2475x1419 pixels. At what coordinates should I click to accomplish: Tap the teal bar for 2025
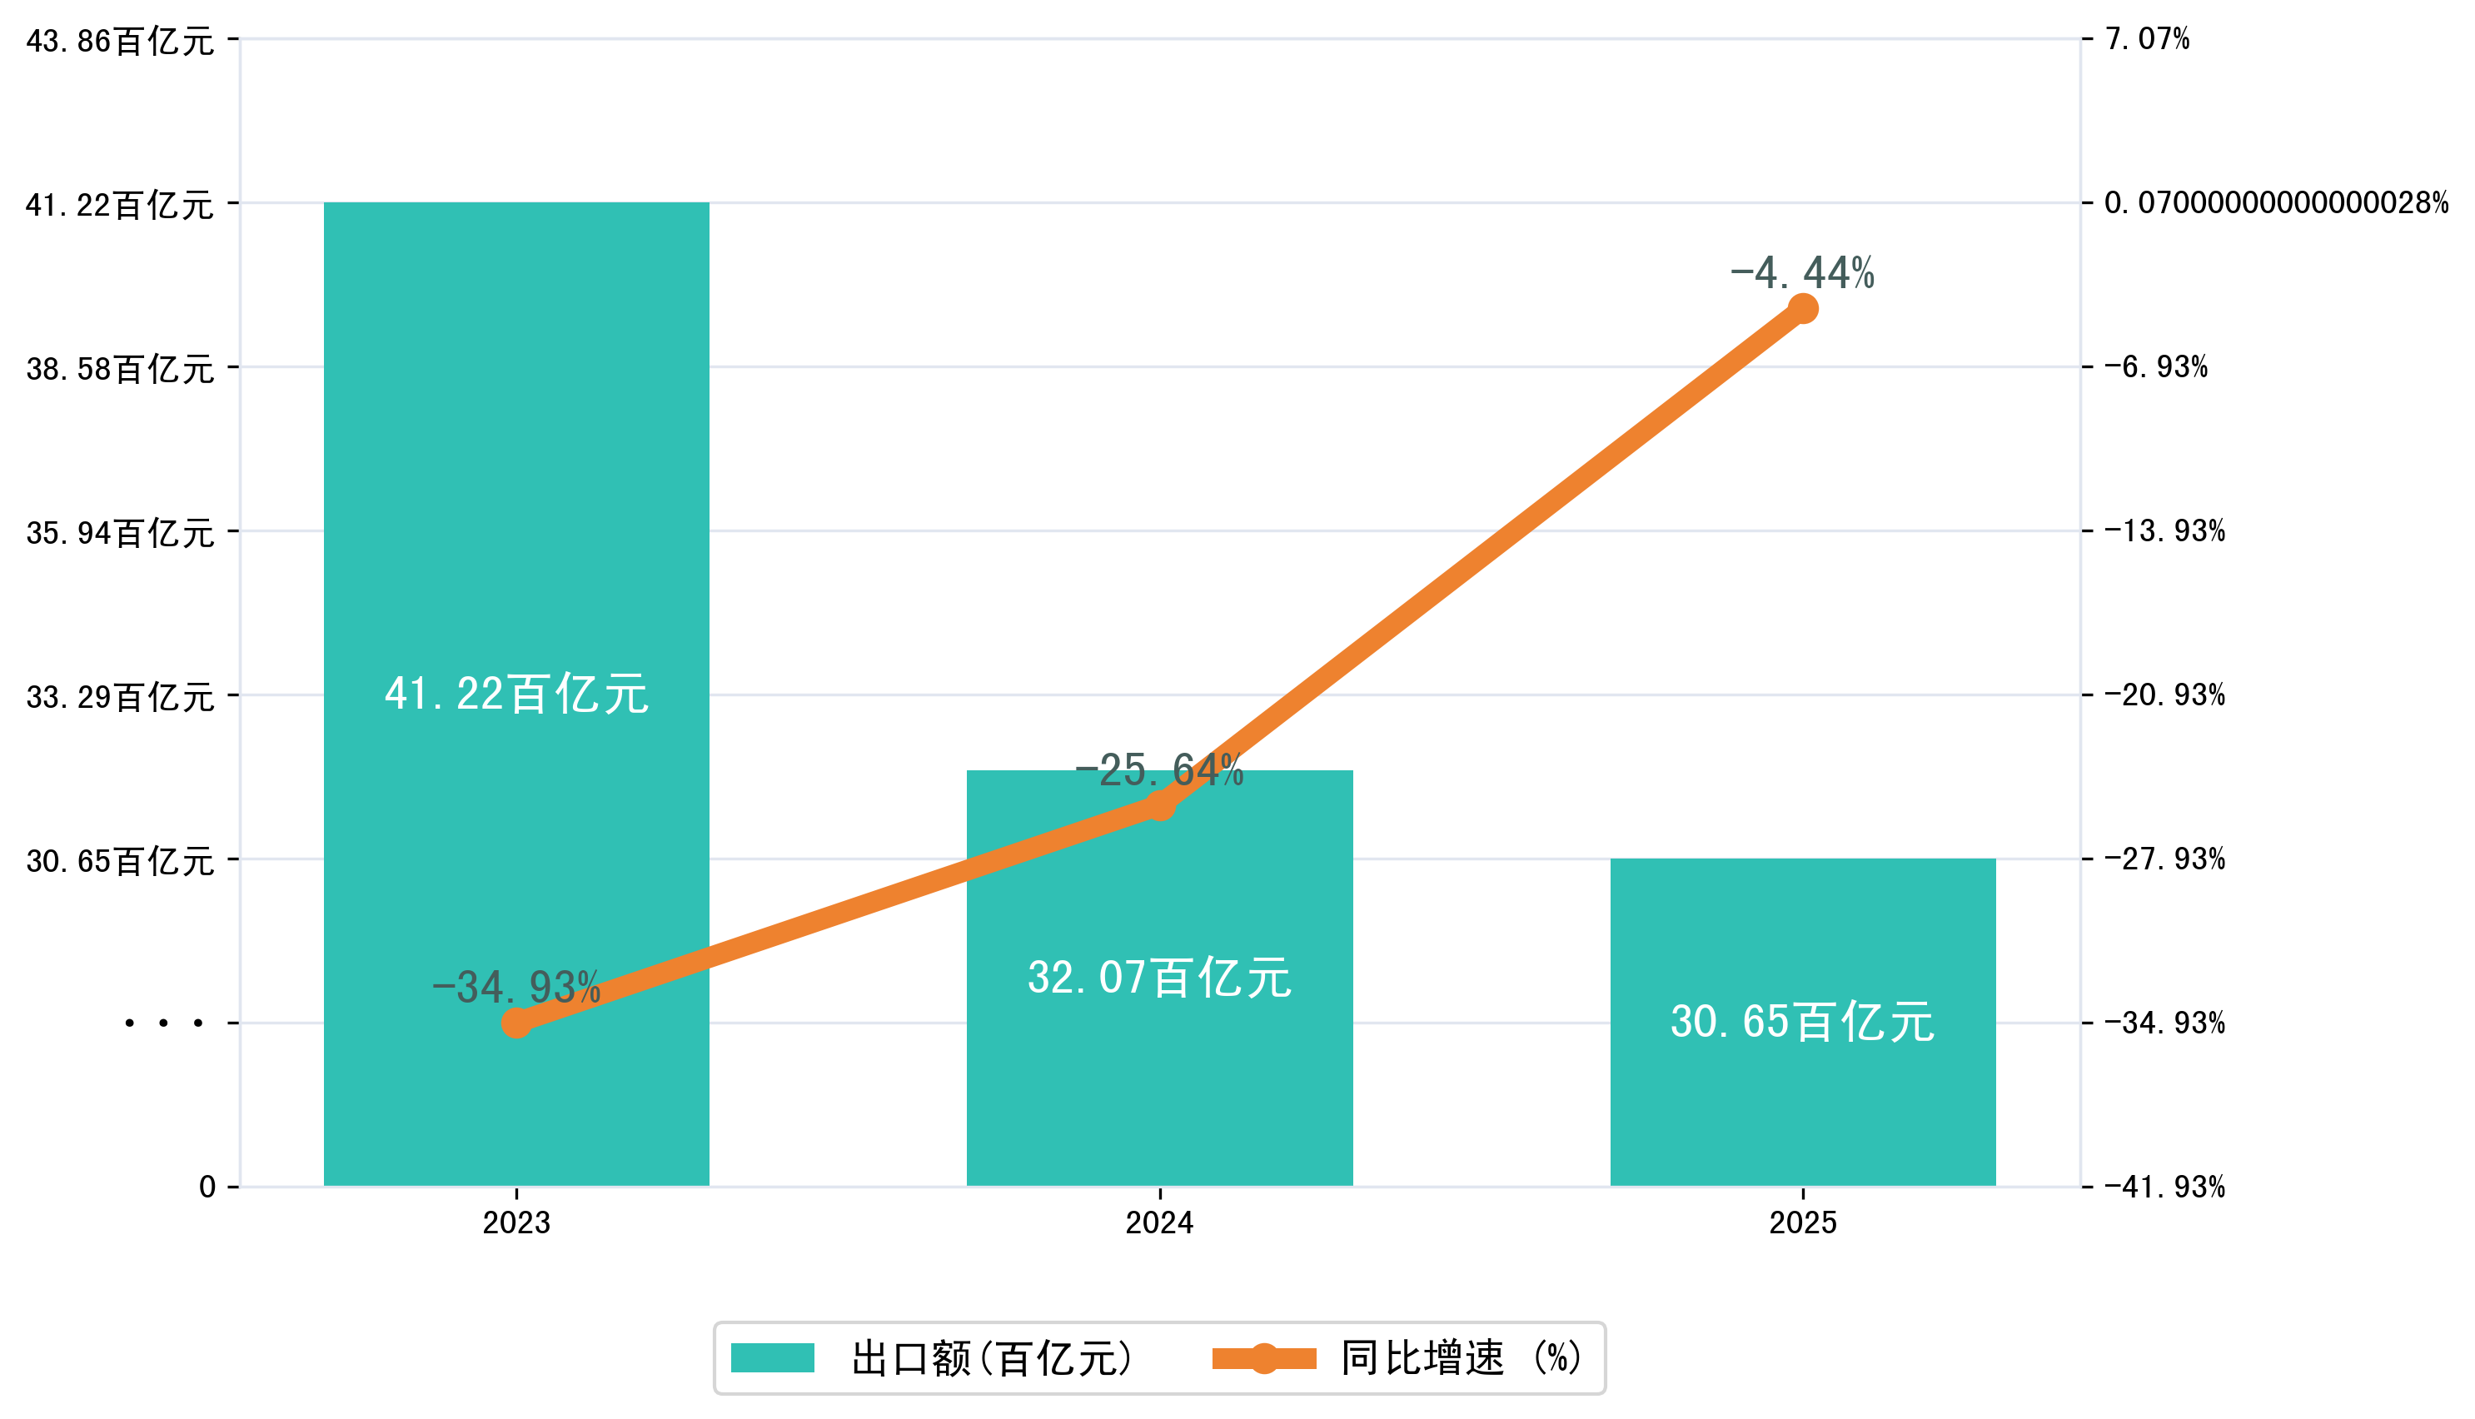point(1803,1111)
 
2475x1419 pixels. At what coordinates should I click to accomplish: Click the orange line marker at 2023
point(516,1023)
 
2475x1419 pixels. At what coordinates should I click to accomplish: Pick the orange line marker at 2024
point(1159,806)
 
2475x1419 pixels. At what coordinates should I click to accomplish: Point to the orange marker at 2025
point(1804,309)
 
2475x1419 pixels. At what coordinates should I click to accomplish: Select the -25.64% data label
point(1158,771)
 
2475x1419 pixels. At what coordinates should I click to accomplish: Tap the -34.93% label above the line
point(515,988)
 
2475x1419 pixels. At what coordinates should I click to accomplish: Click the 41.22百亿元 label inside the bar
point(515,694)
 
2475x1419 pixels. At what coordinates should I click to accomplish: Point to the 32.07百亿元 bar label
point(1158,978)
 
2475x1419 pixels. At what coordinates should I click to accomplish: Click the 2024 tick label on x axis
point(1158,1223)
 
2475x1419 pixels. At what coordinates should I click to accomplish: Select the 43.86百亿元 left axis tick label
point(120,41)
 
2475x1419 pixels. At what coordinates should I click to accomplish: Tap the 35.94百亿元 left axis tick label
point(120,533)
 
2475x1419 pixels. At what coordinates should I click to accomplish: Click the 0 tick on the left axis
point(207,1187)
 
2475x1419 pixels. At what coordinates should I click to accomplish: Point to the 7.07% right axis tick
point(2147,39)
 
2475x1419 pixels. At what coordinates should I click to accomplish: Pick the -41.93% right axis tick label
point(2164,1187)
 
